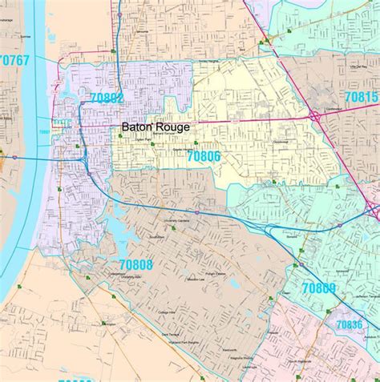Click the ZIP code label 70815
click(x=360, y=95)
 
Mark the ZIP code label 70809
click(x=318, y=288)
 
